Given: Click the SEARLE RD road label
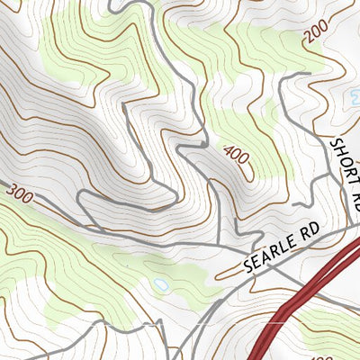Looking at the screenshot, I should (282, 251).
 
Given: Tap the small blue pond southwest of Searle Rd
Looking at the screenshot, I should (161, 284).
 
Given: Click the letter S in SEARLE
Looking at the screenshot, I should (249, 268).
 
